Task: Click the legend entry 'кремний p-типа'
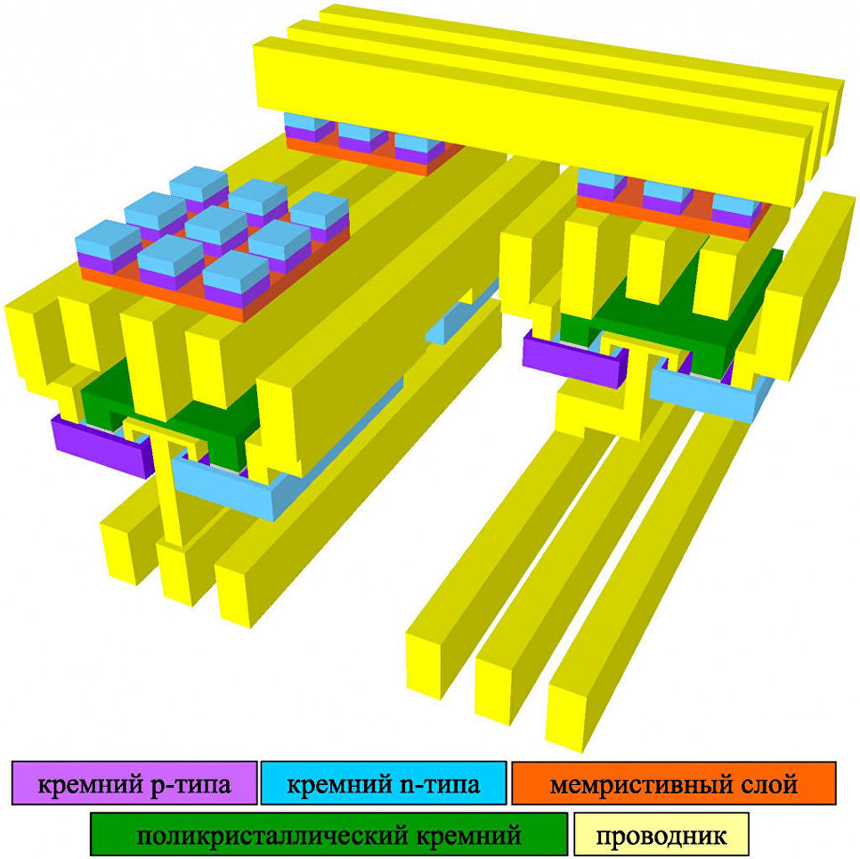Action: [x=134, y=784]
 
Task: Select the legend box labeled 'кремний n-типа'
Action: [x=384, y=784]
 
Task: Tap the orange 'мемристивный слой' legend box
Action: [x=673, y=784]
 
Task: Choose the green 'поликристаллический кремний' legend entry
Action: [x=329, y=835]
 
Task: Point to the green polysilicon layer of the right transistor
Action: [x=677, y=312]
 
